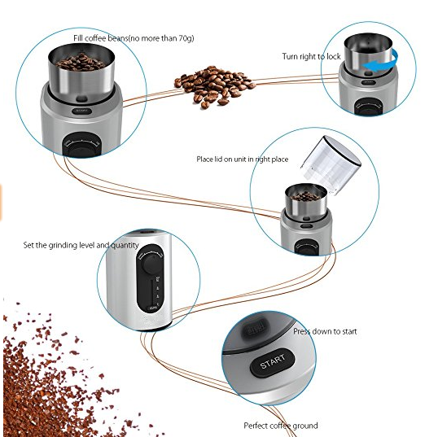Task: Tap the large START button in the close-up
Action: point(273,362)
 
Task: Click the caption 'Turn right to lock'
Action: point(311,56)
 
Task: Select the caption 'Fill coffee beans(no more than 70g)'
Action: point(134,38)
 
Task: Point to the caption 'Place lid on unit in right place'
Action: point(242,160)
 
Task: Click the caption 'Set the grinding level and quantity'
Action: point(81,245)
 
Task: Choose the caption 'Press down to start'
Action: point(325,331)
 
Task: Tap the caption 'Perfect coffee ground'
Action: point(281,426)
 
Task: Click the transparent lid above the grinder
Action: point(331,164)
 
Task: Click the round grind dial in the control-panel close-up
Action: point(151,263)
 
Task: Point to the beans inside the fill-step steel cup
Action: point(81,62)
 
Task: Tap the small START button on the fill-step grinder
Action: point(82,111)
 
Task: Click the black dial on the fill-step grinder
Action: point(81,145)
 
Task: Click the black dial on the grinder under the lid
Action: point(307,247)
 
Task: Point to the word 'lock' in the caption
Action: point(334,56)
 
